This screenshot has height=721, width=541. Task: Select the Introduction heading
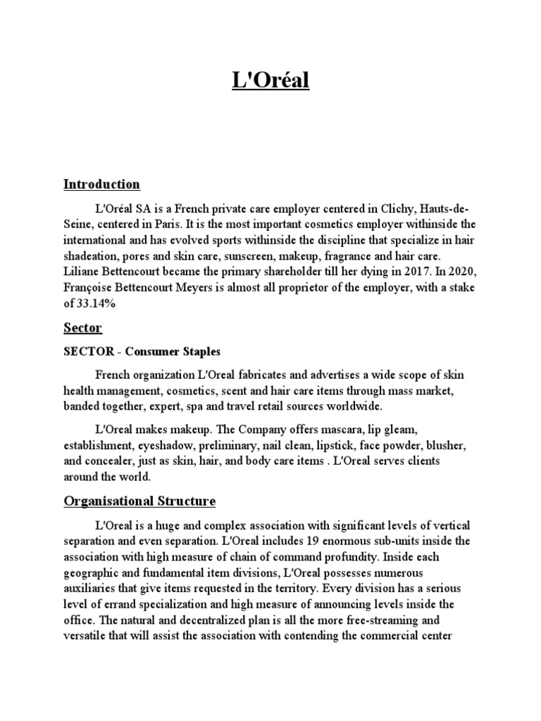[x=101, y=184]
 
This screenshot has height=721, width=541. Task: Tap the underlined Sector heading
[x=82, y=327]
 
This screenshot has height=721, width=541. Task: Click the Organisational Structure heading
[x=139, y=502]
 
